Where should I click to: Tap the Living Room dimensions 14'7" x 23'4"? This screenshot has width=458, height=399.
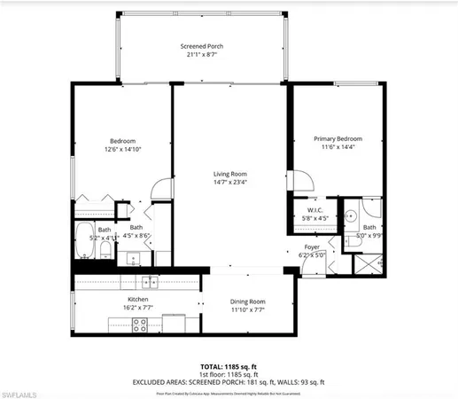tap(229, 184)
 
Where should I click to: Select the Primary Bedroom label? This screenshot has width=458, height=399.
tap(339, 139)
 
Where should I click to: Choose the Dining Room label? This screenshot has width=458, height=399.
tap(247, 301)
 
